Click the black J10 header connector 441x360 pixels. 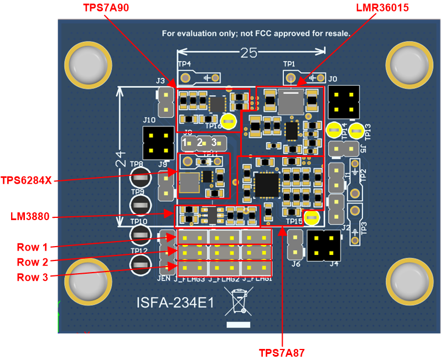155,142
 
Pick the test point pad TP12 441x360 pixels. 141,264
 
